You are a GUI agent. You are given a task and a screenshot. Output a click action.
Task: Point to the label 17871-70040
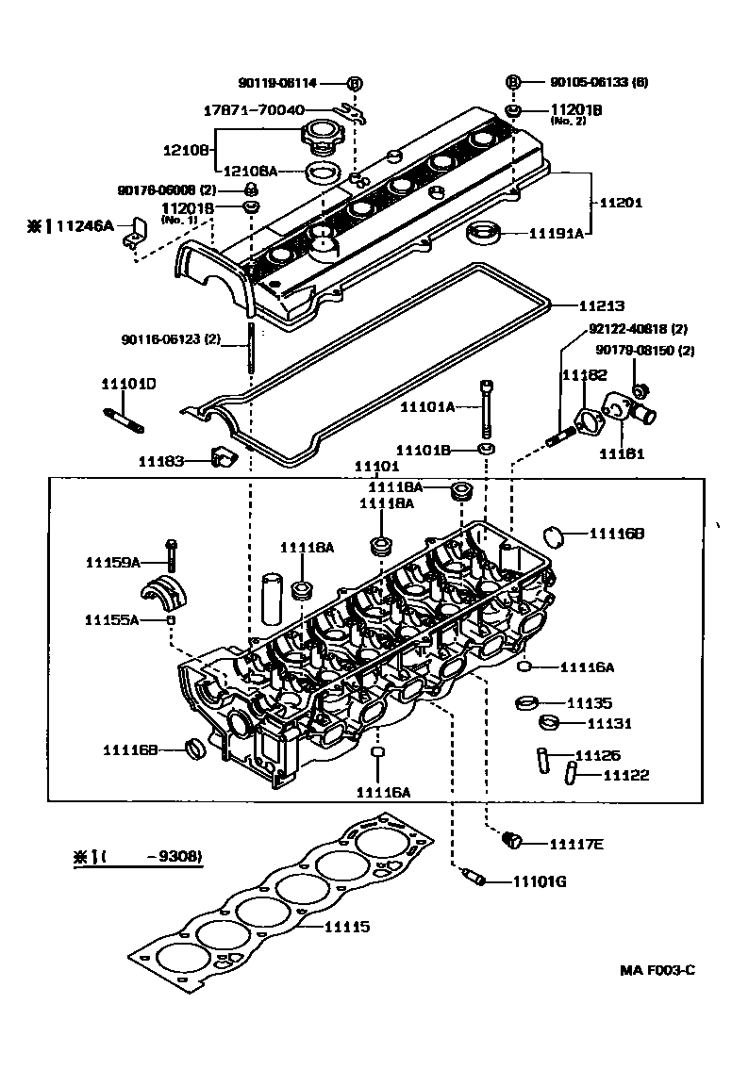[x=254, y=110]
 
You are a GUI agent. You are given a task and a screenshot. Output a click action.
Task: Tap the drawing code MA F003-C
[x=657, y=971]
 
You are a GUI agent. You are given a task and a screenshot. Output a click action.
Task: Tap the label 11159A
[x=112, y=563]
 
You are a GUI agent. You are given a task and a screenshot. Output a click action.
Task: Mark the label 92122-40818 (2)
[x=638, y=330]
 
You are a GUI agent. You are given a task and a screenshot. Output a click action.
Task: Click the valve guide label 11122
[x=626, y=775]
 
